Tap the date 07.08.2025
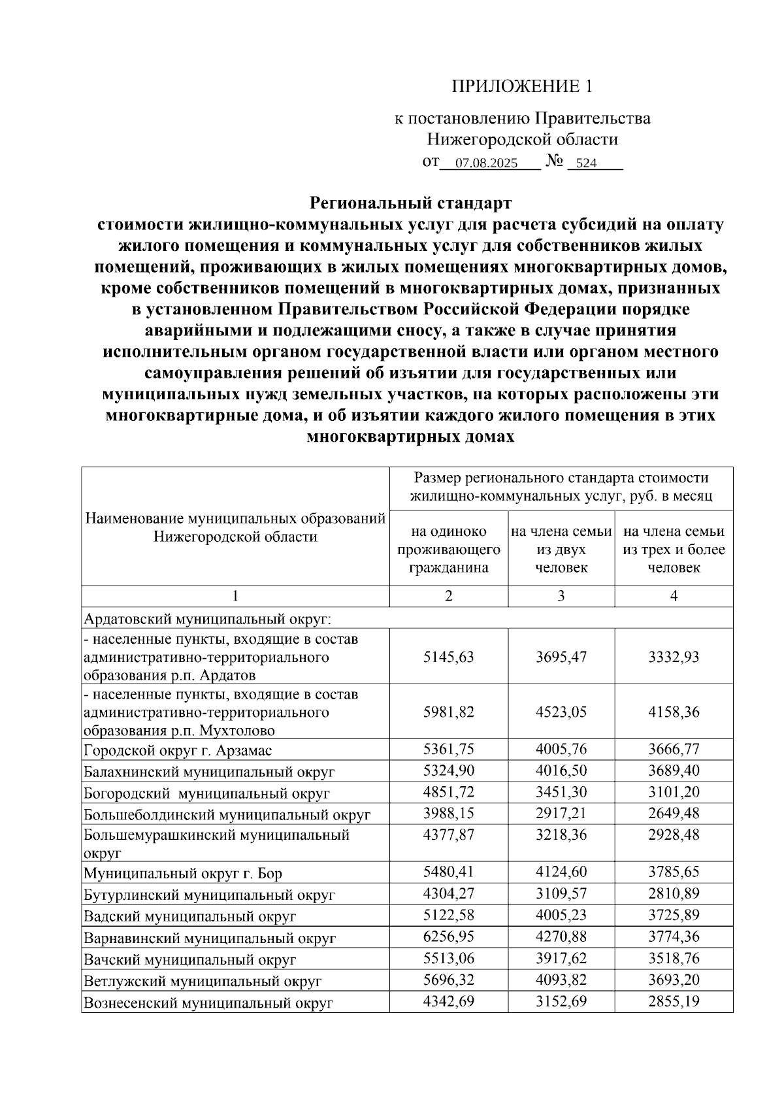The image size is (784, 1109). (x=487, y=163)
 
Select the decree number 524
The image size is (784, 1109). (x=587, y=163)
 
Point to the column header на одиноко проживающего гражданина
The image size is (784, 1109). (x=449, y=550)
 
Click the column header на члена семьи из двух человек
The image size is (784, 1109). (x=561, y=550)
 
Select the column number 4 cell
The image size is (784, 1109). (x=674, y=596)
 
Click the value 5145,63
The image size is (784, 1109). (x=449, y=656)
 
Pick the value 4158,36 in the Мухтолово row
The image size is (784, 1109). (x=674, y=712)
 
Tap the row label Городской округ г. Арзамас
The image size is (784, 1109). (x=178, y=750)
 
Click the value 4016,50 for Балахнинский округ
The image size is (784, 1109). (x=561, y=771)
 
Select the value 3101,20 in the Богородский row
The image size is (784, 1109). (x=674, y=793)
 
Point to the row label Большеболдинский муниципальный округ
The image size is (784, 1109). (x=227, y=815)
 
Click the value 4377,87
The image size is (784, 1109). (x=449, y=835)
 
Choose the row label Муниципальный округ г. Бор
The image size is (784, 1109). (x=182, y=874)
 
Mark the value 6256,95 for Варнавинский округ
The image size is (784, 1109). (x=449, y=937)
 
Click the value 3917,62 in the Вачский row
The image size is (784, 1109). (x=561, y=959)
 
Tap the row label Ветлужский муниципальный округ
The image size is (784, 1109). (x=203, y=981)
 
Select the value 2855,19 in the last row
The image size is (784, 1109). (x=674, y=1001)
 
